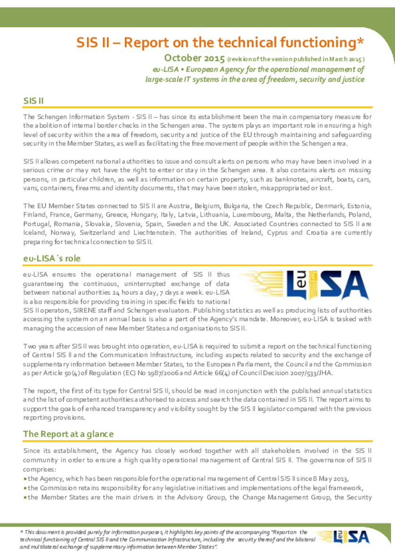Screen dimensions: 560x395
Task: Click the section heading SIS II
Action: tap(33, 101)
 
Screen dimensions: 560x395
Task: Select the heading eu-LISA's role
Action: tap(52, 258)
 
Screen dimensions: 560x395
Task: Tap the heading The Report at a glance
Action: tap(68, 433)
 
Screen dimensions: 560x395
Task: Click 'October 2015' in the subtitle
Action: tap(194, 58)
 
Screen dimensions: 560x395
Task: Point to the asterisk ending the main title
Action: tap(361, 41)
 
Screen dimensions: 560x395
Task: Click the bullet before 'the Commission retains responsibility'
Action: tap(25, 488)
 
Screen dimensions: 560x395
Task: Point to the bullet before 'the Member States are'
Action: tap(25, 497)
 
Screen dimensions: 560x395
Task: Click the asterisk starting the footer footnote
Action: tap(21, 531)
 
